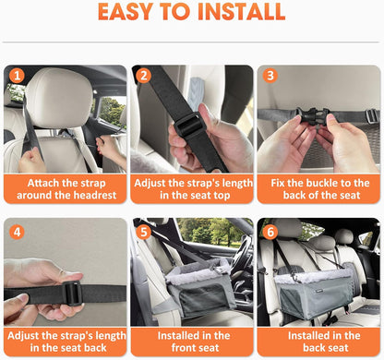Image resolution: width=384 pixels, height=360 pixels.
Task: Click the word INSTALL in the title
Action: pos(242,12)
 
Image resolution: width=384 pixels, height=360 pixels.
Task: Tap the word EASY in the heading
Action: pos(126,12)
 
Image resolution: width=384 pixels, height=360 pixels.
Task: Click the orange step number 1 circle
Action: pos(17,76)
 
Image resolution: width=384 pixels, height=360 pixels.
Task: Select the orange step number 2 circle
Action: pos(143,76)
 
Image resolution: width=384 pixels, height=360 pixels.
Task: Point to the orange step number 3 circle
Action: pos(270,76)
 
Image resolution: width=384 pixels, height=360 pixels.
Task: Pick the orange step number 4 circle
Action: pos(17,232)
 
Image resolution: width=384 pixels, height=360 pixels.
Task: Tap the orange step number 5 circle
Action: pos(143,232)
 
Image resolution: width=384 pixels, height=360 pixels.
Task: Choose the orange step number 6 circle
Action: pos(270,232)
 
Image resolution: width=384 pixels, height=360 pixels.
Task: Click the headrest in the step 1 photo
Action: pos(59,98)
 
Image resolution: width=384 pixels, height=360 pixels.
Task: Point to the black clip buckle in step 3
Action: pos(313,115)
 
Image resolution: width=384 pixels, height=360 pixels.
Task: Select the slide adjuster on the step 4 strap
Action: pos(73,294)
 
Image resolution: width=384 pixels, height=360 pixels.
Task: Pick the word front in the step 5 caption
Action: pos(183,348)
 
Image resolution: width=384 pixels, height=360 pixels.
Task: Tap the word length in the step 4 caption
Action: pos(110,336)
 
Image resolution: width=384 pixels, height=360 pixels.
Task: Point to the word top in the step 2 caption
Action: pos(220,196)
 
